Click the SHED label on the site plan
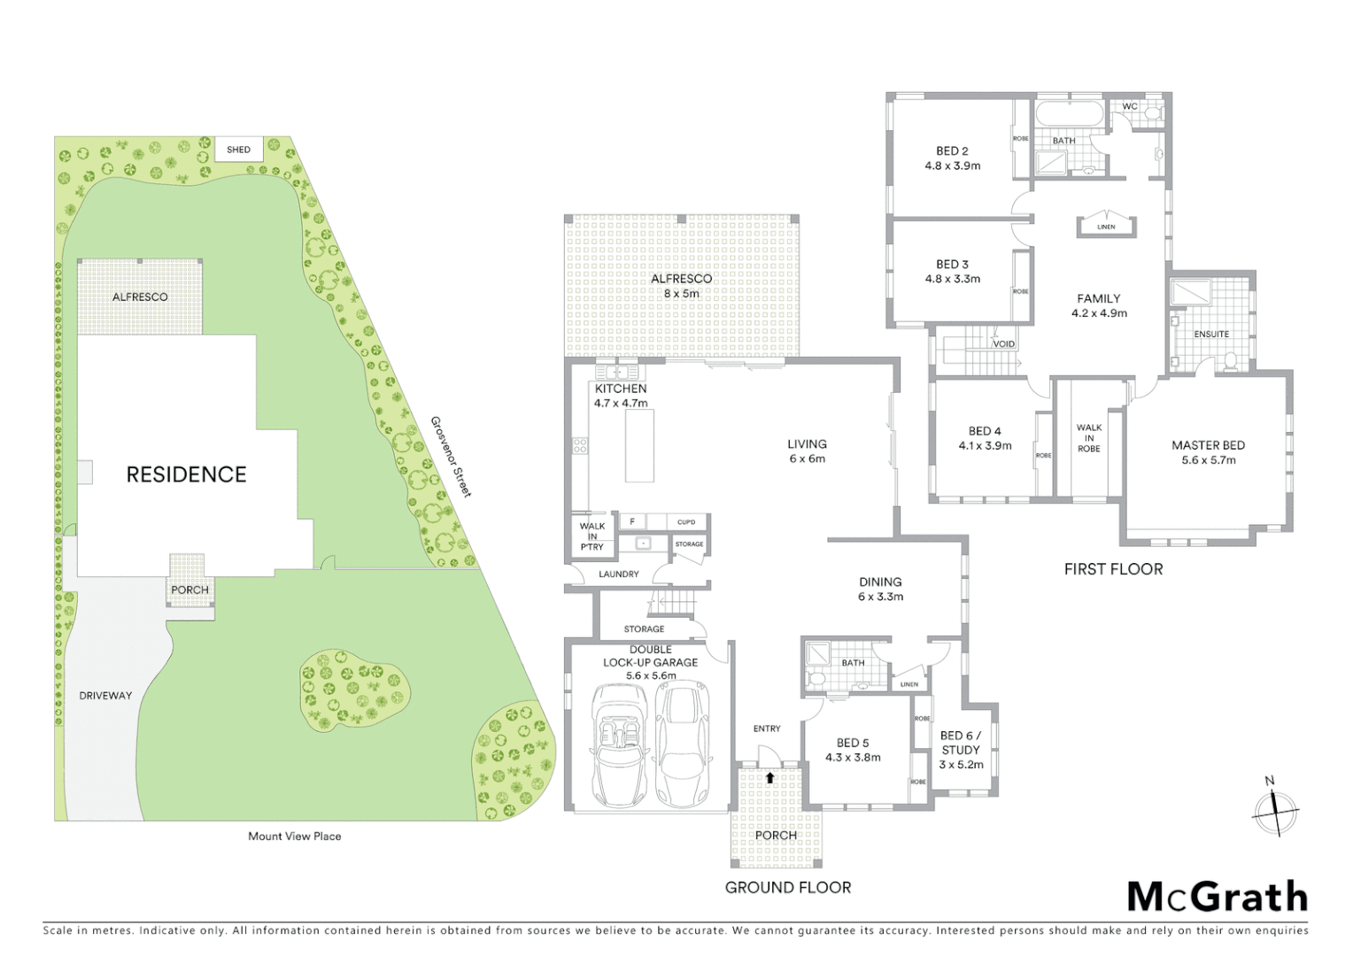[x=238, y=150]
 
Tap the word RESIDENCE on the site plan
[x=186, y=474]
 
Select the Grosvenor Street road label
[x=451, y=457]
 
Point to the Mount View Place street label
[x=295, y=836]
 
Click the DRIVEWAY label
[x=105, y=696]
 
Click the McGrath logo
[x=1217, y=897]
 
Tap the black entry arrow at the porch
[x=769, y=778]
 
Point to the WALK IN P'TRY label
[x=592, y=536]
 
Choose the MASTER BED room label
[x=1208, y=445]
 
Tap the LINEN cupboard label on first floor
[x=1106, y=227]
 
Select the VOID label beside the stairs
[x=1003, y=344]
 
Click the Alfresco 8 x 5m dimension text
[x=681, y=293]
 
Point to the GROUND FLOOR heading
[x=788, y=887]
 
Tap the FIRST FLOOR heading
[x=1113, y=569]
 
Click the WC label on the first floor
[x=1130, y=106]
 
